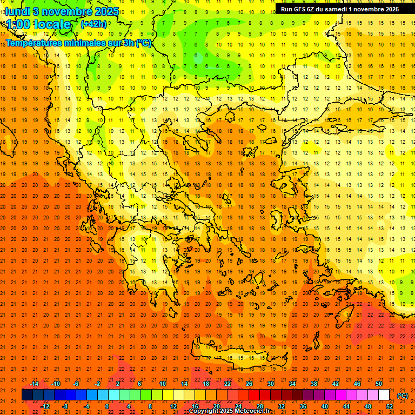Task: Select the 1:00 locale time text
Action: (38, 24)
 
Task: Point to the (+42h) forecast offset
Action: (93, 24)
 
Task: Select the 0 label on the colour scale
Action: (107, 406)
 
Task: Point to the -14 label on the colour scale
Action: (34, 384)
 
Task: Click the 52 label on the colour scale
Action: (390, 406)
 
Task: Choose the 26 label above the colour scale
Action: (249, 384)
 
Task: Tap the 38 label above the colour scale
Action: (314, 384)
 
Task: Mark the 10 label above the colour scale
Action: (163, 384)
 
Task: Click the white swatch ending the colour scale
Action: (384, 395)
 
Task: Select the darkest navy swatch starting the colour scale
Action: (27, 395)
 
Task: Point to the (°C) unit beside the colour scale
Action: (403, 396)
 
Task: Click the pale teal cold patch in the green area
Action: (199, 58)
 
